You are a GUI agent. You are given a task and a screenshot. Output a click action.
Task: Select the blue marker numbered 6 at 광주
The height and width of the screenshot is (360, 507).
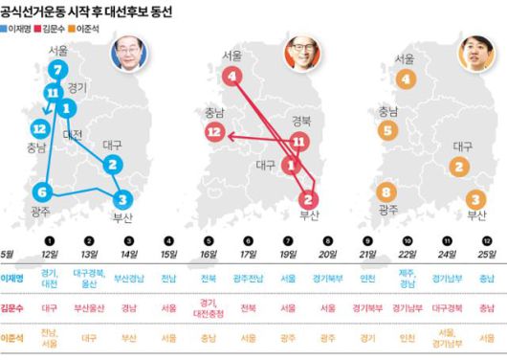pos(43,191)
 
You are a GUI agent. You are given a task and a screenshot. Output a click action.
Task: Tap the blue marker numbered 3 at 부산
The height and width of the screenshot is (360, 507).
pos(121,199)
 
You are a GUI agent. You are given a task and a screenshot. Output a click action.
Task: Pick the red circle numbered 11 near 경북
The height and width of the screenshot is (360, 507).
pos(299,142)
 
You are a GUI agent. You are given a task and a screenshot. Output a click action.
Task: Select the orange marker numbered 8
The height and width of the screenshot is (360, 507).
pos(386,191)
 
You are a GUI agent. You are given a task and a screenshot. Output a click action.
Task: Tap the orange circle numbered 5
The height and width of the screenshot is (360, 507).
pos(386,129)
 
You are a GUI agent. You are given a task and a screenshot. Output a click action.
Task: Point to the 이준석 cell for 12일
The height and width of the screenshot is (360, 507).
pos(49,338)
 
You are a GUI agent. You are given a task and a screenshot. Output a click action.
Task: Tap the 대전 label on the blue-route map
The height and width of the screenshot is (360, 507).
pos(73,135)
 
